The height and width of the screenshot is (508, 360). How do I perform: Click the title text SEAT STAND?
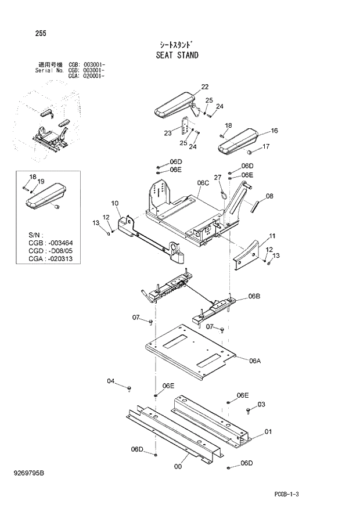177,56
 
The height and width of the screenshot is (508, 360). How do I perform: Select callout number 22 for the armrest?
204,87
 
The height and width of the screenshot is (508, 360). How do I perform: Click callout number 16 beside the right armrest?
274,131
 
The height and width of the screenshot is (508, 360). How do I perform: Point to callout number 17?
266,146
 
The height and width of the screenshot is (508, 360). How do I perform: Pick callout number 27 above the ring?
218,177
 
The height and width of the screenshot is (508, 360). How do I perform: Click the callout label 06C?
203,182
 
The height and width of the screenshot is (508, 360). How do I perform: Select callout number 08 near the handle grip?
269,196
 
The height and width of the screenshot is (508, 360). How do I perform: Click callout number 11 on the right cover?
272,236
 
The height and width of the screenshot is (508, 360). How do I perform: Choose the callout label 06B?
254,296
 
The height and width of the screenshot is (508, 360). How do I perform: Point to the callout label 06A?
255,361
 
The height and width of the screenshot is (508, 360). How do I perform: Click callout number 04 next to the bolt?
111,381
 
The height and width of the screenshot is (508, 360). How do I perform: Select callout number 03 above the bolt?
261,404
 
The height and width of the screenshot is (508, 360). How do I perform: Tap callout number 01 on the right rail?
268,431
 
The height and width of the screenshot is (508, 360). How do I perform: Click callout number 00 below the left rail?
178,465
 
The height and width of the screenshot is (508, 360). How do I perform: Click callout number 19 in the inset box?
41,182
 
